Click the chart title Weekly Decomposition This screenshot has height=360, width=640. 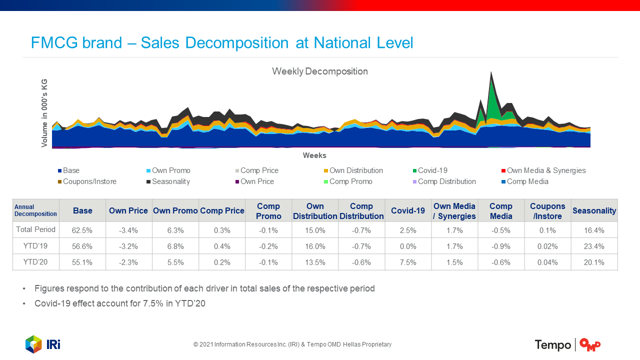(x=319, y=71)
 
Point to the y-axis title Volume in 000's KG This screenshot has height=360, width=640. (x=44, y=112)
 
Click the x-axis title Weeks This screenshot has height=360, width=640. (x=314, y=155)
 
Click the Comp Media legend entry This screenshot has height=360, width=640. (x=527, y=181)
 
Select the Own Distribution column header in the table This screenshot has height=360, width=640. (x=315, y=211)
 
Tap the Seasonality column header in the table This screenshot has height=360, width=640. (x=594, y=211)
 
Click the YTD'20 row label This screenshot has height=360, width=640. (x=35, y=261)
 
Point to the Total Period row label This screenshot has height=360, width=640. (x=35, y=229)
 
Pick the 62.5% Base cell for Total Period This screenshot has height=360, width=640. (x=82, y=230)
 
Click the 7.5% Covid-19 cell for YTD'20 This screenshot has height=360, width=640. (x=408, y=262)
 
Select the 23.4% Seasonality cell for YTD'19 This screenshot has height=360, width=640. (x=594, y=246)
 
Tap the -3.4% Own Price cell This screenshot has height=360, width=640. (x=128, y=230)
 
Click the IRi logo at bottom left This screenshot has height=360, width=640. (x=43, y=344)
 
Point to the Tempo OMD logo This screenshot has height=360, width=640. (x=567, y=344)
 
